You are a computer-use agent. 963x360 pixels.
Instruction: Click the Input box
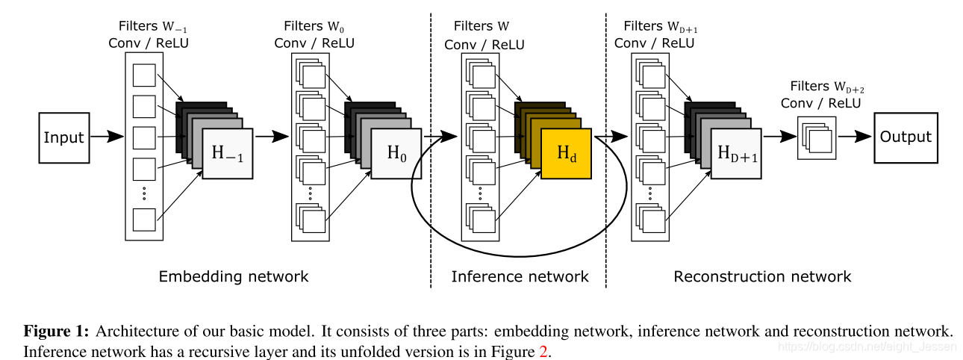(63, 137)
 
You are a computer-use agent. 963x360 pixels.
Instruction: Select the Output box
(906, 137)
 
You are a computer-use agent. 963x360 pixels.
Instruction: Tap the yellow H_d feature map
(567, 153)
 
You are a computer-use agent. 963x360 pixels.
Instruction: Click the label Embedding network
(233, 276)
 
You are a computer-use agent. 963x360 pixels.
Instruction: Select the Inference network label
(520, 276)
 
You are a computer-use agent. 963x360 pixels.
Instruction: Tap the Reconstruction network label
(761, 276)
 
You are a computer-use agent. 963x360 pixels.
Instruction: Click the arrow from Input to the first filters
(105, 137)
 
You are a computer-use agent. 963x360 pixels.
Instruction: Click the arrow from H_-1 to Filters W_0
(272, 137)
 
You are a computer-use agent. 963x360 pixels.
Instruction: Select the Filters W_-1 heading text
(149, 29)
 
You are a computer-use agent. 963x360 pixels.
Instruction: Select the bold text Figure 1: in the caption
(57, 332)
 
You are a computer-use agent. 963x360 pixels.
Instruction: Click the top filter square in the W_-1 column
(143, 75)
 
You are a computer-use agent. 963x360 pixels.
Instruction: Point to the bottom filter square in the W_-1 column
(143, 220)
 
